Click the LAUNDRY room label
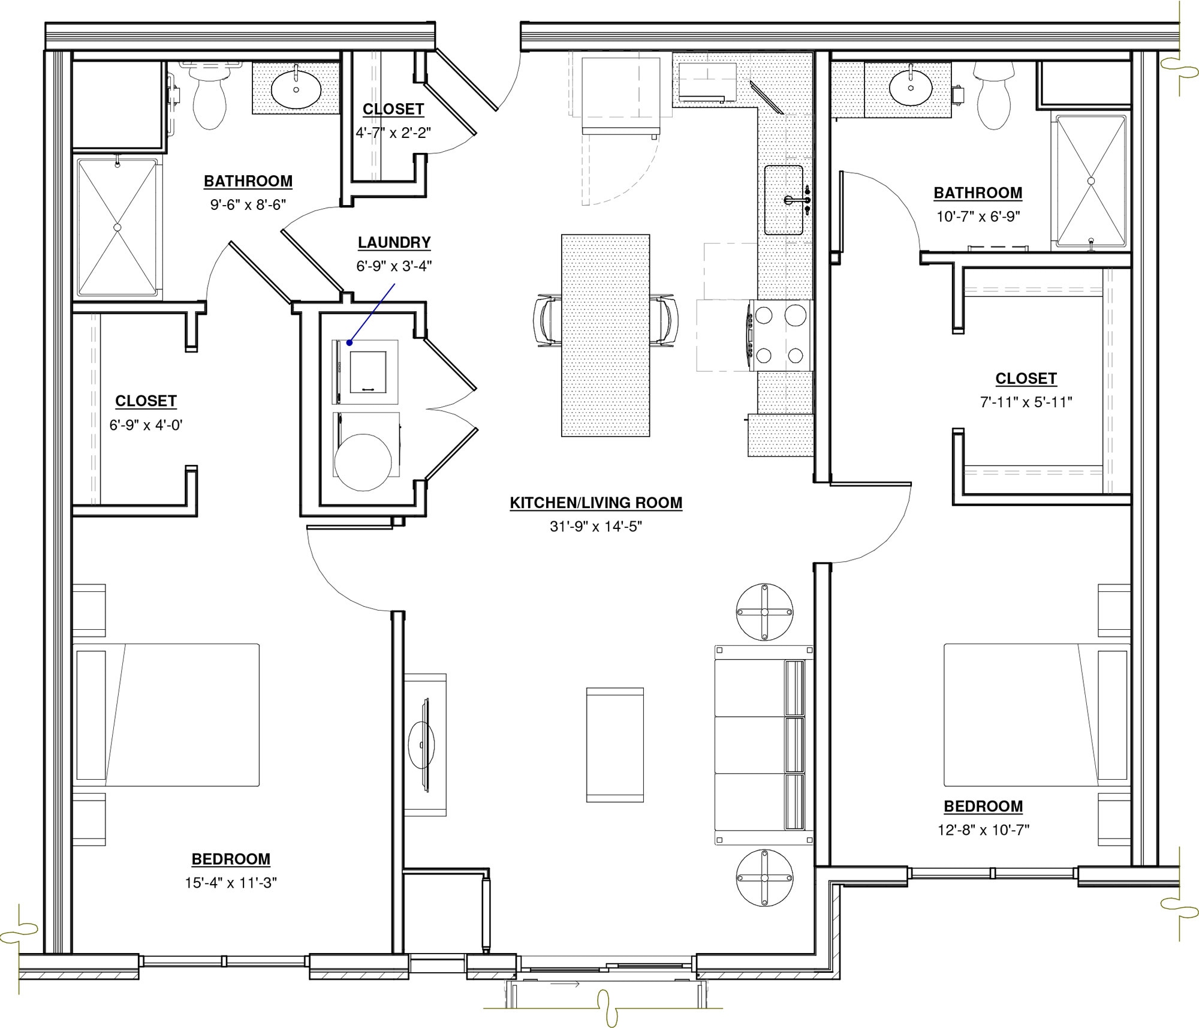coord(394,242)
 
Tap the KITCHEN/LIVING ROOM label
coord(596,503)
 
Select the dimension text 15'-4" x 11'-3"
coord(231,883)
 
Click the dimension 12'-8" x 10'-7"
coord(983,830)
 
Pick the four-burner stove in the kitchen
coord(779,335)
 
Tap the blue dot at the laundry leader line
coord(349,342)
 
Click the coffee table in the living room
coord(614,745)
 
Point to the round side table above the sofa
coord(764,612)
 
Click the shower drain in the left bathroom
coord(118,227)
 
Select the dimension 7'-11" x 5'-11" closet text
coord(1026,402)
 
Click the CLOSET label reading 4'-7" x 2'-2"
coord(393,109)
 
